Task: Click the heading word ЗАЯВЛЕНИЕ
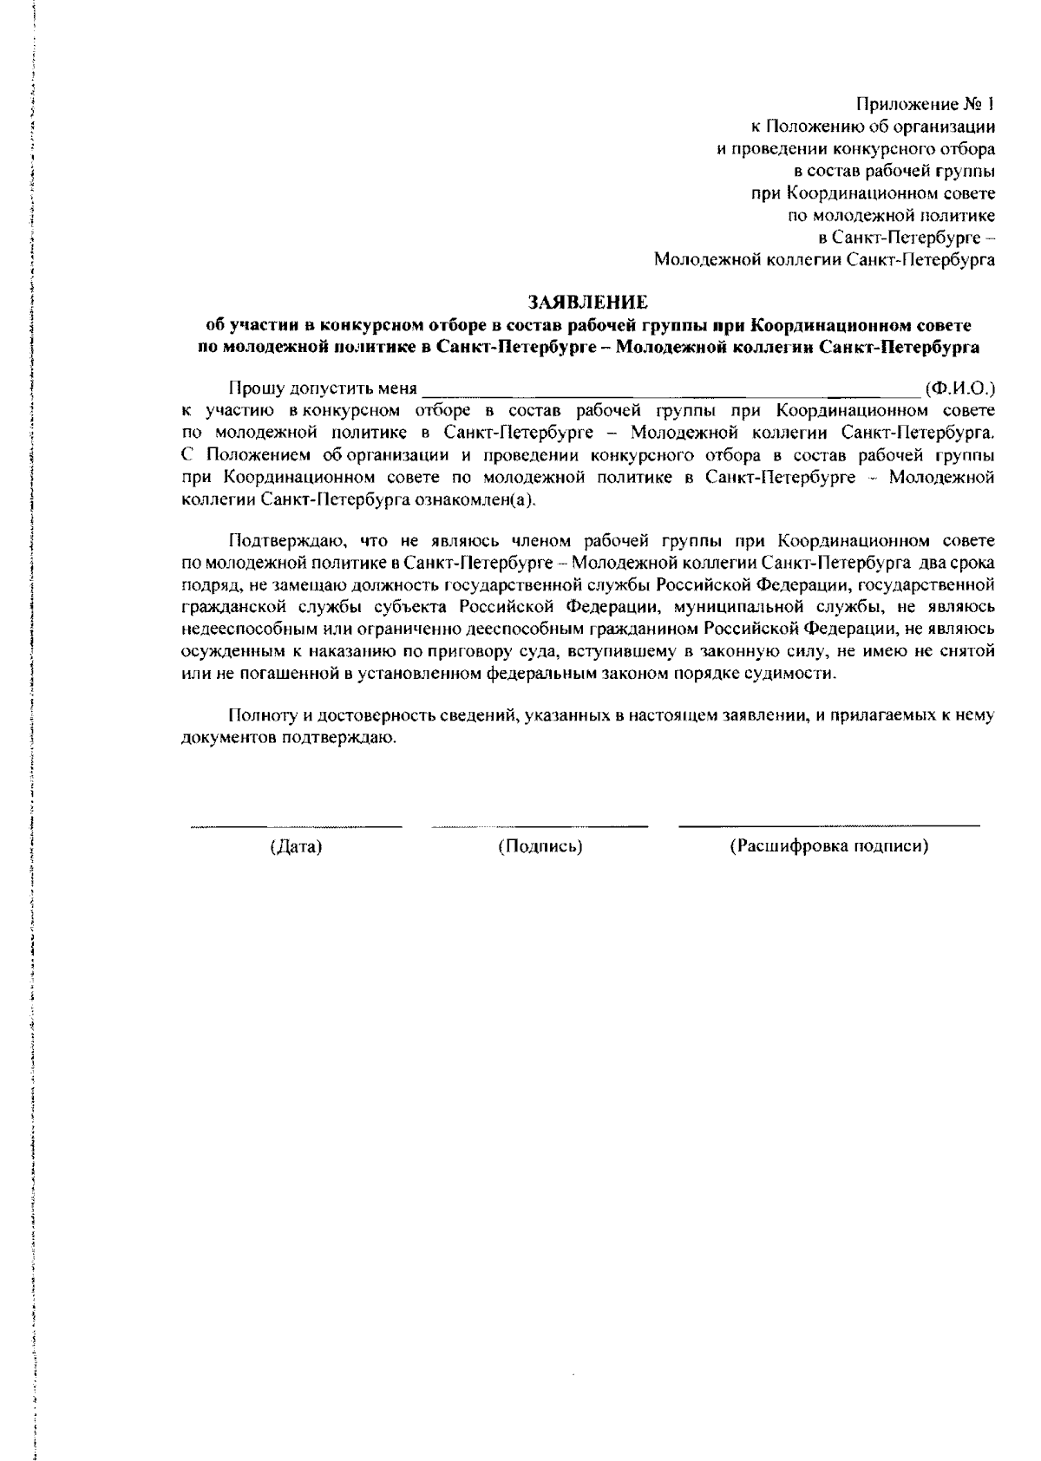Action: (x=588, y=302)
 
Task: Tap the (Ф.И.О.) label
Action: (x=959, y=387)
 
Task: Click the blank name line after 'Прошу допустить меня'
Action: (x=668, y=390)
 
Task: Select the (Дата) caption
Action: (x=296, y=847)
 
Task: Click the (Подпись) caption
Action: (x=540, y=847)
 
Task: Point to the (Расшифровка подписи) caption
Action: (x=829, y=847)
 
